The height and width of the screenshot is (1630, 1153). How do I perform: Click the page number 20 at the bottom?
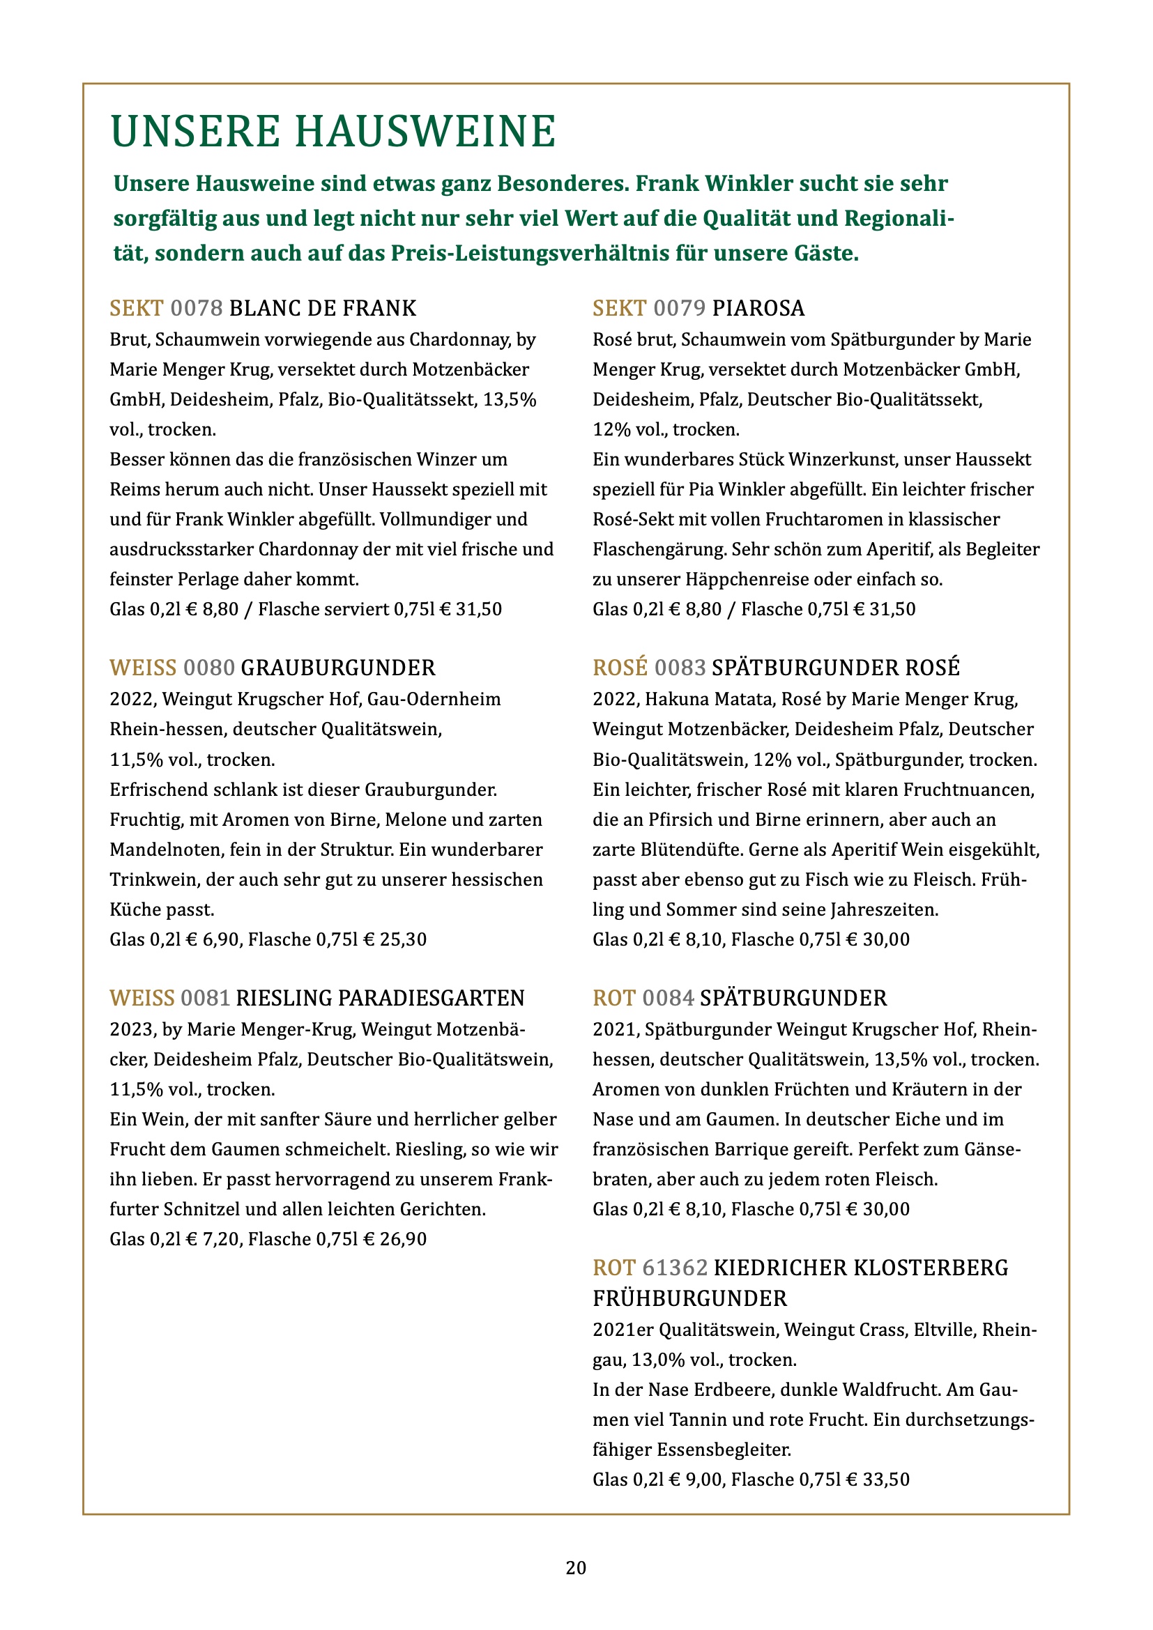coord(576,1567)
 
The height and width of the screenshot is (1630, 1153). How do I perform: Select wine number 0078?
coord(197,308)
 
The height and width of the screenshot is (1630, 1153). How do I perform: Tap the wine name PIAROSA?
coord(758,308)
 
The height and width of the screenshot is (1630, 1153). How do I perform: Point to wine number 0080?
coord(208,668)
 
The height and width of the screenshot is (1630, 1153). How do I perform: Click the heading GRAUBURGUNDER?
coord(338,668)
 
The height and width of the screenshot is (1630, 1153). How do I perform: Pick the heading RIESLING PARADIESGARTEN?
coord(380,998)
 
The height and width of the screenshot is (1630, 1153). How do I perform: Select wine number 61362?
coord(675,1268)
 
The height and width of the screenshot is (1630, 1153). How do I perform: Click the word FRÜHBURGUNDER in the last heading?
coord(689,1298)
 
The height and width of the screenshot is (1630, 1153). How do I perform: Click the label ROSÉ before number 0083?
coord(620,668)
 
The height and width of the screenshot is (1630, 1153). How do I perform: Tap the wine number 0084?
coord(667,998)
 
